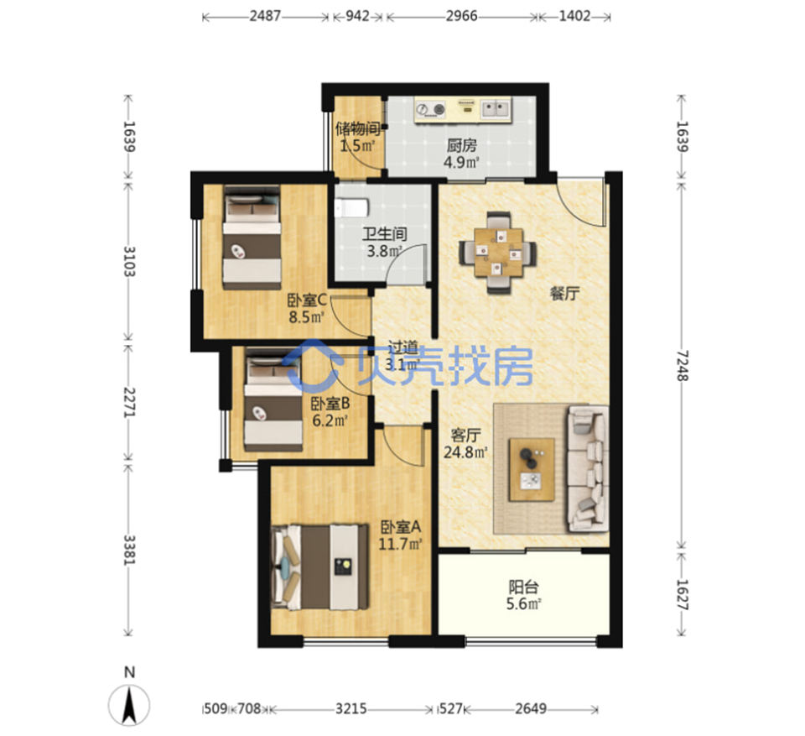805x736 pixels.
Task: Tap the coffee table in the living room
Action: (532, 469)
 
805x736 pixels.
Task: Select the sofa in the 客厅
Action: (587, 468)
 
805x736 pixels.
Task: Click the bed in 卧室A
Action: (319, 567)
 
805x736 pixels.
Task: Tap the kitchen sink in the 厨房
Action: (496, 108)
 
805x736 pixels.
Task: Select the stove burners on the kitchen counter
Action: (430, 109)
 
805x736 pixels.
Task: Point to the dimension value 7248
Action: (682, 365)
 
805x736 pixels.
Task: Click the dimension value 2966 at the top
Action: (461, 16)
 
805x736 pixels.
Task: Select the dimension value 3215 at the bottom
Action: (351, 709)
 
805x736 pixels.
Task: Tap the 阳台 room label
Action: (523, 587)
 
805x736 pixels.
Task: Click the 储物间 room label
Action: (358, 128)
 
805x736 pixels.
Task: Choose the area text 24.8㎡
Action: (465, 452)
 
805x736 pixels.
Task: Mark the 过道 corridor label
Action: (402, 347)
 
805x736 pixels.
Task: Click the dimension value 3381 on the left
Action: (129, 550)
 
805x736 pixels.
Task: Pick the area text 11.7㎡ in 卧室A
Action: (401, 543)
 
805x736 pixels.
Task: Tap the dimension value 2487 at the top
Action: (266, 16)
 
